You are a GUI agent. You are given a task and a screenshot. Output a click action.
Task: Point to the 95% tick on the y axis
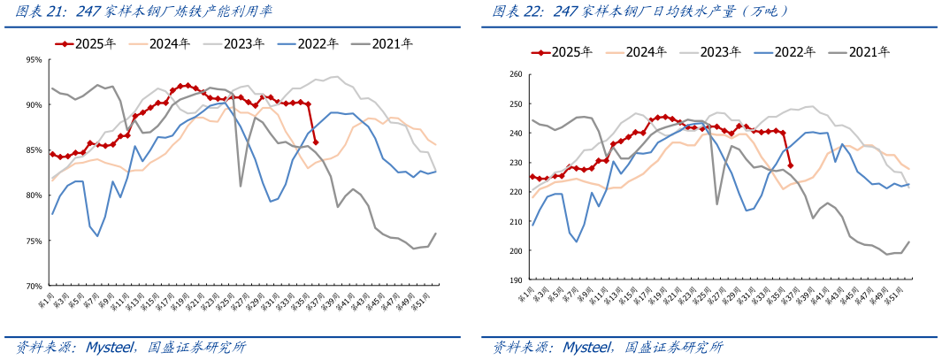pos(34,60)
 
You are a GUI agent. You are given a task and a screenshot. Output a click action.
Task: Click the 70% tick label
pos(34,287)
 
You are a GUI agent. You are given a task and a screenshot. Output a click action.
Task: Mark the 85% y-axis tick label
pos(34,150)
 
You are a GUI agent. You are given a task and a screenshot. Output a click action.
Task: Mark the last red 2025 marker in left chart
pos(316,142)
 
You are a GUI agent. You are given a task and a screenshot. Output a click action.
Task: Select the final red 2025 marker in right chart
pos(790,165)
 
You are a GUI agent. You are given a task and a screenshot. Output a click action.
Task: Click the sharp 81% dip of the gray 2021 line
pos(241,186)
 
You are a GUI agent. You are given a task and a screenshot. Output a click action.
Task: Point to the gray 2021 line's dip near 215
pos(717,203)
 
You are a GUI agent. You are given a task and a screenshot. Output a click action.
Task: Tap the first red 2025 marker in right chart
pos(532,177)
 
